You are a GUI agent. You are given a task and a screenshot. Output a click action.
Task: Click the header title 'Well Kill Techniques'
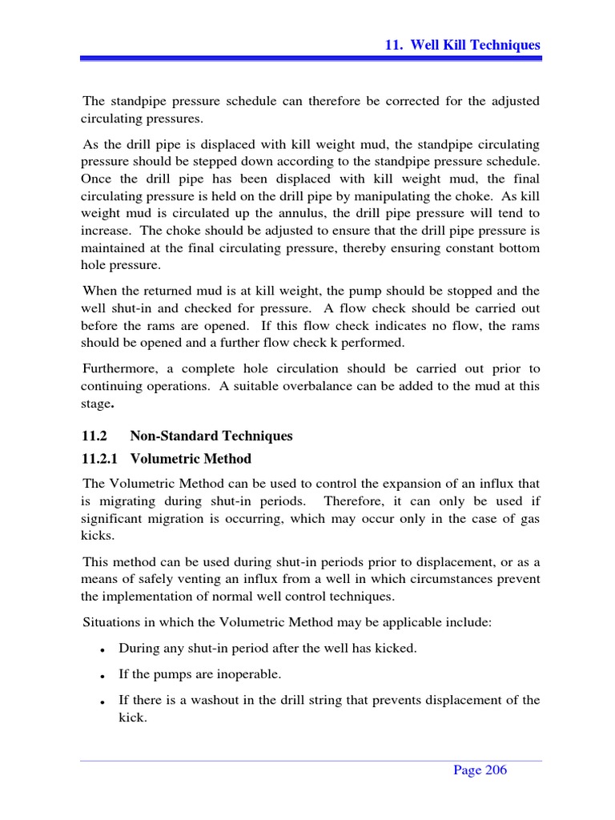475,45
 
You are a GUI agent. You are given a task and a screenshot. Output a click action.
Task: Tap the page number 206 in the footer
480,770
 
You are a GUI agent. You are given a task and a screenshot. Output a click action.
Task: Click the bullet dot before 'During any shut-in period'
104,649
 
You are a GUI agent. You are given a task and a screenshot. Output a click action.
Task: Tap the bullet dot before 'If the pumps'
104,675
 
